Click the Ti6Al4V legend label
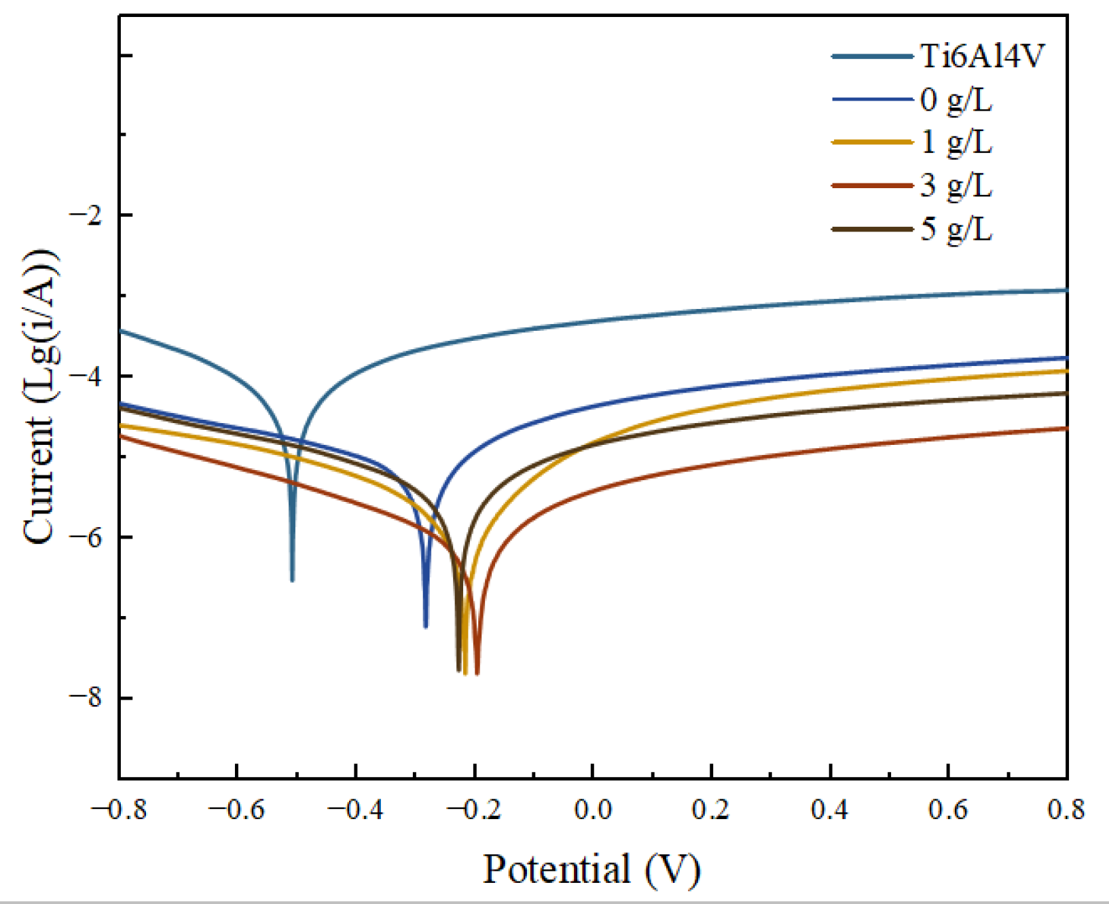pos(982,56)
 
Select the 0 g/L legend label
pos(956,100)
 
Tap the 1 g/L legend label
pos(956,143)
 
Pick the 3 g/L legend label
pos(956,185)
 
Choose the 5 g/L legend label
pos(956,229)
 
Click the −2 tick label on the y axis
pos(86,215)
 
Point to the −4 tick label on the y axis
pos(86,376)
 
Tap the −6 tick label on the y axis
pos(86,537)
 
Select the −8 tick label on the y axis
pos(86,698)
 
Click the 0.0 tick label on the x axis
pos(593,810)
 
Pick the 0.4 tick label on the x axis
pos(830,810)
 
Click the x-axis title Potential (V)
pos(592,869)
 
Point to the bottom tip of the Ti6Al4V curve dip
pos(292,579)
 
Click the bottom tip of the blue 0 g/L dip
pos(426,626)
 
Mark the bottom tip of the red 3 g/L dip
pos(477,672)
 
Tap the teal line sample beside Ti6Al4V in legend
pos(873,56)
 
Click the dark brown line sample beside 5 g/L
pos(873,229)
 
